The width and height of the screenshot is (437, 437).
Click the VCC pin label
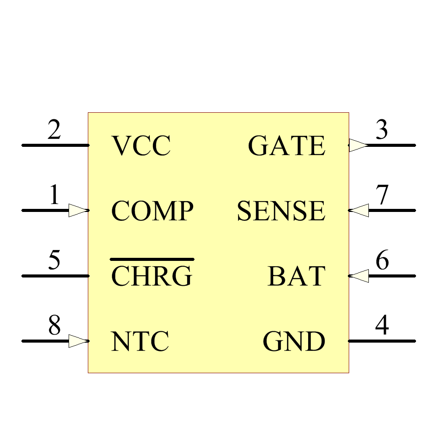(x=141, y=146)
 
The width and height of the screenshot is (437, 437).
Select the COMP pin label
(x=152, y=211)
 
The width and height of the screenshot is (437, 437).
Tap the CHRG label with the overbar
(x=152, y=276)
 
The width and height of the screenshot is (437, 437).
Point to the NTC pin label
(x=140, y=341)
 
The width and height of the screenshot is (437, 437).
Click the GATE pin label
(x=287, y=146)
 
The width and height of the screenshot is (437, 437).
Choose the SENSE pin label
(x=281, y=211)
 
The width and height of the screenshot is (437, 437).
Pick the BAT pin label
(x=297, y=276)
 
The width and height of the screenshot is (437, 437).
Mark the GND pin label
(x=294, y=341)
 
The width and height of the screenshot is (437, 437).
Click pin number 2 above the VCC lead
(x=54, y=130)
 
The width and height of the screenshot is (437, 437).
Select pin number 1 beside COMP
(x=54, y=195)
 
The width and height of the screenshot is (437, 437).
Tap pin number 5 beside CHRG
(x=54, y=261)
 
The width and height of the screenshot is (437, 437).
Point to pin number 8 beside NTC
(x=54, y=326)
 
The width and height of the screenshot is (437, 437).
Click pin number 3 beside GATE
(x=382, y=130)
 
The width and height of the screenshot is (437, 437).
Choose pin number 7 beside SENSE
(x=382, y=195)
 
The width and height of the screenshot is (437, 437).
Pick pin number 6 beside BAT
(x=382, y=261)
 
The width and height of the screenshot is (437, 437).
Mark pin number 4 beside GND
(x=382, y=326)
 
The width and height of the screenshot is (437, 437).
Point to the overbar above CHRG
(x=152, y=259)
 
